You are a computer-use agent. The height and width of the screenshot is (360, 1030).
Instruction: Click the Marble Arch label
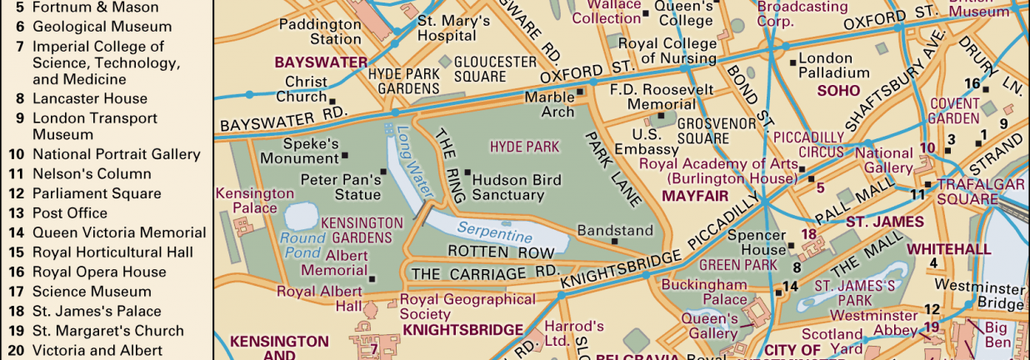[x=549, y=104]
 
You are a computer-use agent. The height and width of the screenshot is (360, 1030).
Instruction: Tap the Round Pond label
[x=301, y=242]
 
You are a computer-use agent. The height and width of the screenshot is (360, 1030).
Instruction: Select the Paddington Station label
[x=319, y=32]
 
